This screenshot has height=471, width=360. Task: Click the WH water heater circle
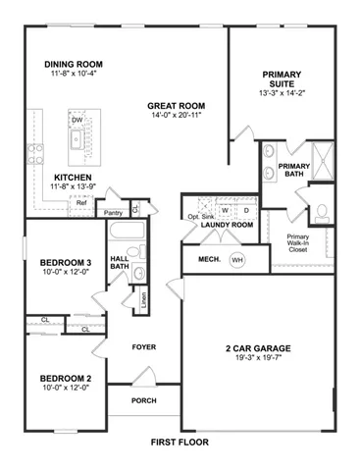point(237,260)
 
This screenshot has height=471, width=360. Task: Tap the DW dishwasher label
point(77,120)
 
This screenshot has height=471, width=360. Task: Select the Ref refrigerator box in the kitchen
point(81,206)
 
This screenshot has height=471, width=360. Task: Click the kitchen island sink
point(77,139)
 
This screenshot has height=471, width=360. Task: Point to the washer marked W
point(225,210)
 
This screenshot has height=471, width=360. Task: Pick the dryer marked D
point(246,210)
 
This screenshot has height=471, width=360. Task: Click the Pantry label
point(113,213)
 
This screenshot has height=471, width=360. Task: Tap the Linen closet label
point(143,300)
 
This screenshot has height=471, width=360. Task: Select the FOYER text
point(144,347)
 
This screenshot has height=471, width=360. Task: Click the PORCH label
point(144,400)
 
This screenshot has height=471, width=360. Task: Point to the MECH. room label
point(209,259)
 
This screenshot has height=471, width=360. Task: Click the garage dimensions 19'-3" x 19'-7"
point(258,357)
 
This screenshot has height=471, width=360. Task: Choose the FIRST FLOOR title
point(180,443)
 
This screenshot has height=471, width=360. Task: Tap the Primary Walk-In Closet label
point(298,243)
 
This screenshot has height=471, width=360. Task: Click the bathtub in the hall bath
point(127,231)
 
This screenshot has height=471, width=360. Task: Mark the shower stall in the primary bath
point(323,161)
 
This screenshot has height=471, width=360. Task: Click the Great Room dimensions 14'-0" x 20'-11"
point(176,115)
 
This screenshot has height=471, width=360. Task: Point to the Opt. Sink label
point(201,217)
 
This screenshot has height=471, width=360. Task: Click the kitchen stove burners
point(35,154)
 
